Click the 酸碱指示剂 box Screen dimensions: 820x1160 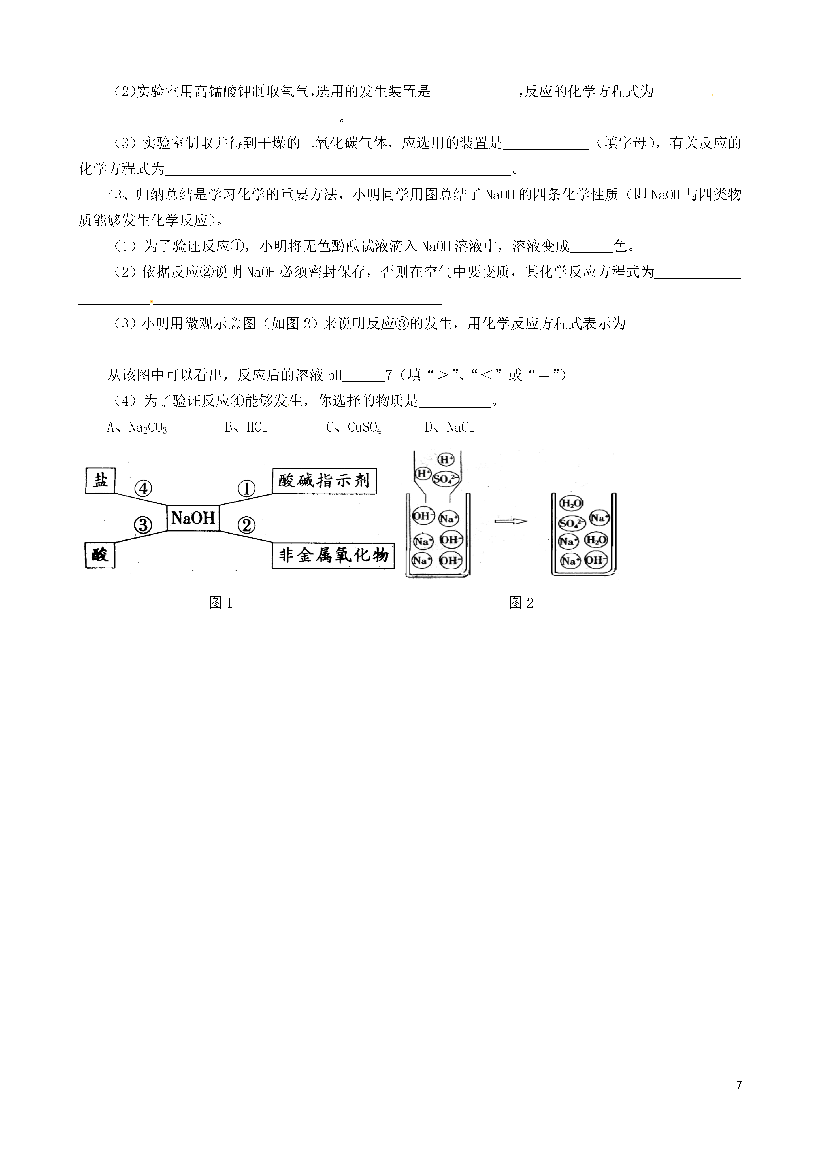(x=324, y=481)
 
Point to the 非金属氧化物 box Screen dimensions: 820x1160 (x=333, y=555)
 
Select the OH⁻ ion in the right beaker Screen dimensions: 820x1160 (x=596, y=560)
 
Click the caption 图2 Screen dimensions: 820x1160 (x=521, y=603)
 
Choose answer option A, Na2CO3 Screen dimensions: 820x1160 (x=137, y=428)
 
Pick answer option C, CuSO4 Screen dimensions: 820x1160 (x=353, y=428)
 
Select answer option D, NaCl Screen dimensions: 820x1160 (x=450, y=428)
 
